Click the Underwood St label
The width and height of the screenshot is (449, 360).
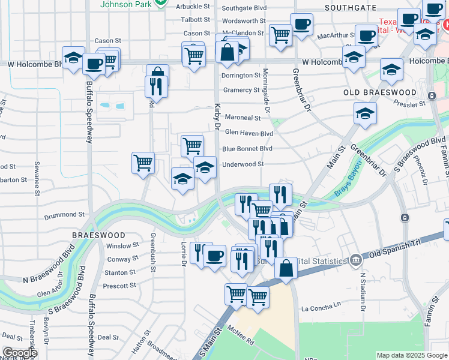coord(243,164)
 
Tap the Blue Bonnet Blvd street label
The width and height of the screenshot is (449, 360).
coord(247,149)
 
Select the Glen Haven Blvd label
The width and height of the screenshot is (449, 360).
coord(249,133)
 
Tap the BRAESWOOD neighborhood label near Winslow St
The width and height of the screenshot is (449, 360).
coord(99,235)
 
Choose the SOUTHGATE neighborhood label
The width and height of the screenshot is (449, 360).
coord(351,8)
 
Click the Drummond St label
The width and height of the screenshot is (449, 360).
coord(64,214)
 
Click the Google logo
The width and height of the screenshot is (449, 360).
coord(19,353)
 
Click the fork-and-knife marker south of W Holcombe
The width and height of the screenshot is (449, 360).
coord(155,86)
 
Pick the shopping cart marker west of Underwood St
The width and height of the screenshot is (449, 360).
coord(143,162)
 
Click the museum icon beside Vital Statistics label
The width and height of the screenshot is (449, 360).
coord(357,260)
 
